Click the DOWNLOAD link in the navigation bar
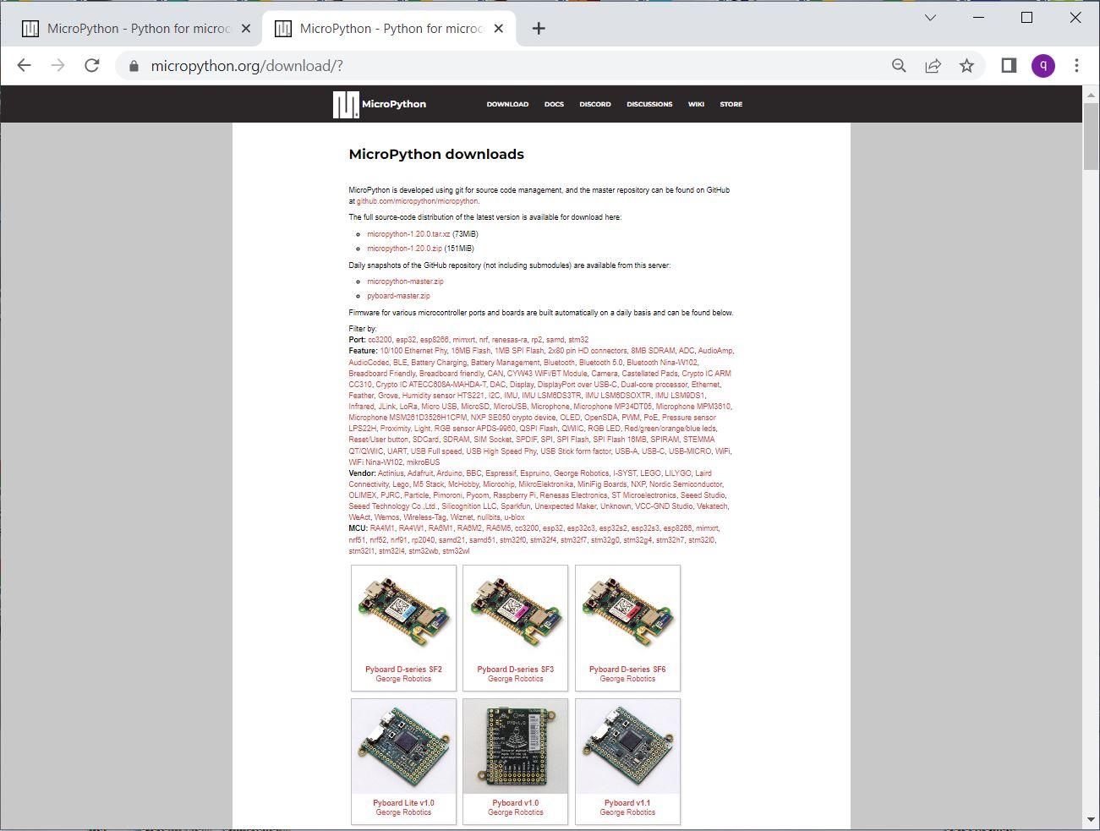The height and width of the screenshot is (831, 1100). pos(507,104)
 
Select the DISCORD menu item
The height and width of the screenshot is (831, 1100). pos(594,104)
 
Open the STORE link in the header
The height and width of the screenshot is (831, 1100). pos(731,104)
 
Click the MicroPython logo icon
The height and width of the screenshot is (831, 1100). pos(346,105)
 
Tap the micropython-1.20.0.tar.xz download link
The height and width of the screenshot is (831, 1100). pos(408,234)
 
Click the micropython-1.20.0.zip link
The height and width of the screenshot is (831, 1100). pos(404,249)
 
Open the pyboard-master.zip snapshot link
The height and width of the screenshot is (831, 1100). pos(398,296)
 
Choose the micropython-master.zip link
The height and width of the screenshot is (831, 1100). pos(405,282)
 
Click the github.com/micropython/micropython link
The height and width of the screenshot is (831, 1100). pos(417,201)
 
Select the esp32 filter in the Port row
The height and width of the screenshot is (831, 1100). pos(406,340)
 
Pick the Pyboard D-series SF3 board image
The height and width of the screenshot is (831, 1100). pos(516,613)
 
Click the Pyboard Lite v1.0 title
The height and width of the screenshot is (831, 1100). pos(403,803)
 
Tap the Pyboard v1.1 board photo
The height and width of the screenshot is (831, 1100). pos(627,747)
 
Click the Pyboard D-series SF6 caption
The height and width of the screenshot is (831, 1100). pos(627,670)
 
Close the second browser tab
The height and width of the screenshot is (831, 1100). pos(499,29)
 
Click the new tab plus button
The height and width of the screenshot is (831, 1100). pos(539,29)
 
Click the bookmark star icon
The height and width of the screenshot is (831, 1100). pos(966,66)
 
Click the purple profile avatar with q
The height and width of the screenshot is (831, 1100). pos(1043,66)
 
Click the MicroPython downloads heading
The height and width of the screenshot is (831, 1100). pos(436,155)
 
